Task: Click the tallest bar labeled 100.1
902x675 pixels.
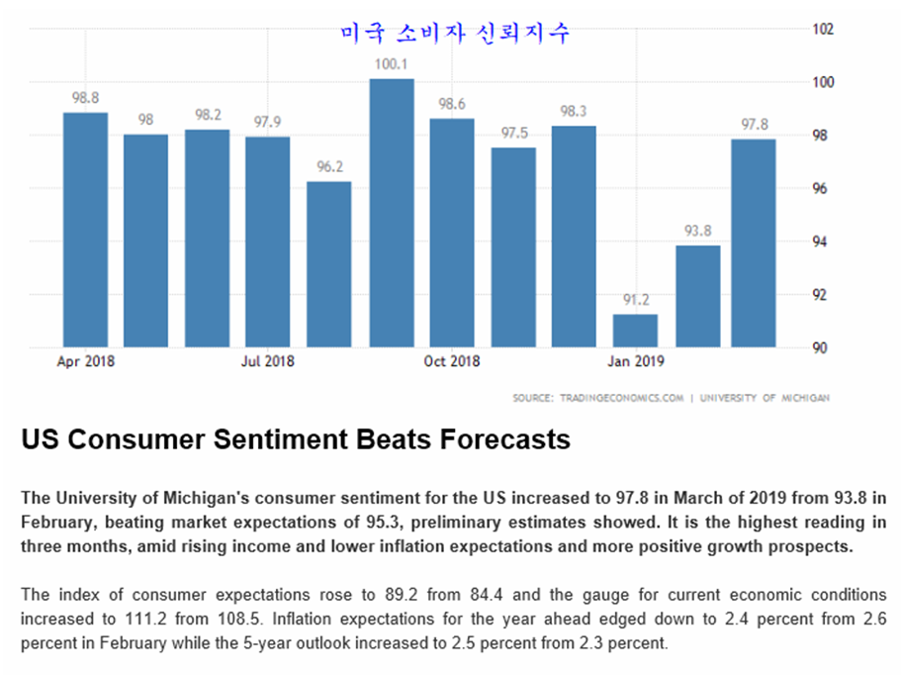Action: click(392, 213)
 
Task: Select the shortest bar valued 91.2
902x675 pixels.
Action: click(635, 331)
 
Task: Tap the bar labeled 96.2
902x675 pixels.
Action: click(329, 264)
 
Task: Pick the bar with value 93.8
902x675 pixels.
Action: click(696, 296)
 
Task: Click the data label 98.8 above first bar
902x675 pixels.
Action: click(85, 99)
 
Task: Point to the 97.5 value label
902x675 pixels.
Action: click(513, 134)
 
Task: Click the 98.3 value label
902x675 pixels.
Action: click(574, 112)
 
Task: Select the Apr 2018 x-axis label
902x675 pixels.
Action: click(85, 361)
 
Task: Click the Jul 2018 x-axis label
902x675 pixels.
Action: click(268, 361)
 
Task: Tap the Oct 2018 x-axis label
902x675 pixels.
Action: click(452, 361)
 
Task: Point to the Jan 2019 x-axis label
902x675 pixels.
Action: click(636, 361)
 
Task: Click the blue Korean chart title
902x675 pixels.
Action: click(455, 33)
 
